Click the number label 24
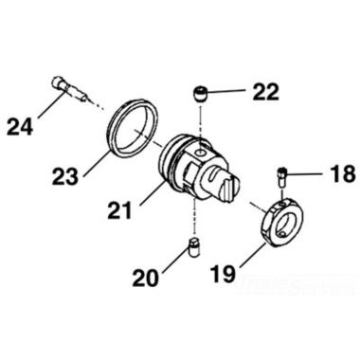point(22,124)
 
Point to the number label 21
point(120,217)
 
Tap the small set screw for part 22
point(200,93)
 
